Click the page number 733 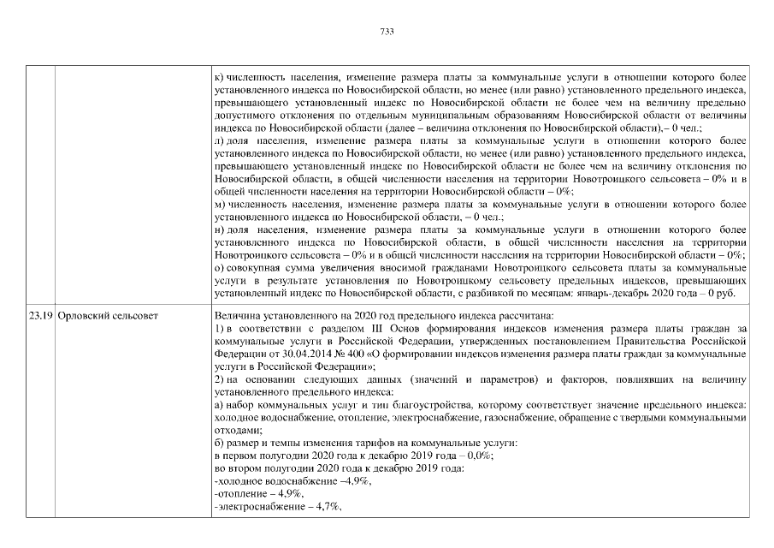[x=387, y=33]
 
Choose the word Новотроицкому [x=458, y=279]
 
